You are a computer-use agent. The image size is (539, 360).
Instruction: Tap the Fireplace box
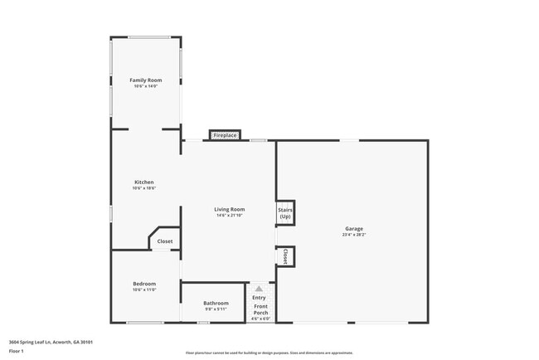point(225,135)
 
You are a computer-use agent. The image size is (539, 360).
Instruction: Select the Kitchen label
point(144,182)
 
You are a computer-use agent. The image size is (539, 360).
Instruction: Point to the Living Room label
point(231,209)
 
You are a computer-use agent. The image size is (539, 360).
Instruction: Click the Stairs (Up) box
point(284,213)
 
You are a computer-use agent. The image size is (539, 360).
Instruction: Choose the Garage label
point(354,229)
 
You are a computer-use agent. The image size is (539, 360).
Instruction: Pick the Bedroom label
point(144,284)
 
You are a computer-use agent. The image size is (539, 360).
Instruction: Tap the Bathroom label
point(216,303)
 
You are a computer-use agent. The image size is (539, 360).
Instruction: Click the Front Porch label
point(260,309)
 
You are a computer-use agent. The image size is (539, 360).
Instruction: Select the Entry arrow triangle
point(258,289)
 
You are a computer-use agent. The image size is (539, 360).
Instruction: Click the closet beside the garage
point(285,256)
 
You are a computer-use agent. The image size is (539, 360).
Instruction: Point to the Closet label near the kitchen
point(165,241)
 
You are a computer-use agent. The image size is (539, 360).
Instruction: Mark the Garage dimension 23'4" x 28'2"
point(354,236)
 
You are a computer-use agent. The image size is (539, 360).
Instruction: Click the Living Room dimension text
point(231,216)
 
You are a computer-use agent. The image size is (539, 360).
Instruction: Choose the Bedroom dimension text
point(144,290)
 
